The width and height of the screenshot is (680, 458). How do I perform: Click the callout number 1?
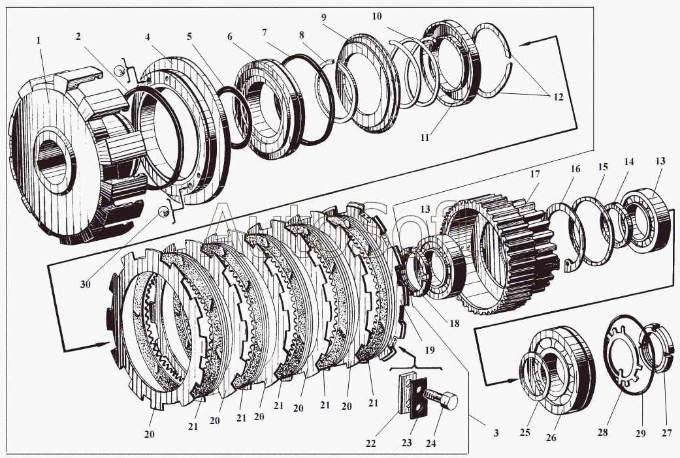(39, 40)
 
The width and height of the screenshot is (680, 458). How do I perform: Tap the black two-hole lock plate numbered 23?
(419, 398)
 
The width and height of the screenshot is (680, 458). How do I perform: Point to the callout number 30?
(86, 284)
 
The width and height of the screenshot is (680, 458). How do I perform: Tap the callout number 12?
(558, 97)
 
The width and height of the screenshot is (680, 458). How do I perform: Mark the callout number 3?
(496, 433)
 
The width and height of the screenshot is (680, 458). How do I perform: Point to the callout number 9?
(323, 18)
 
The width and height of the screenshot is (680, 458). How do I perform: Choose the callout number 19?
(429, 350)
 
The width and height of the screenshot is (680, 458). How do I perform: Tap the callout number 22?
(370, 443)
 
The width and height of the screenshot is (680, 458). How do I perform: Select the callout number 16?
(575, 168)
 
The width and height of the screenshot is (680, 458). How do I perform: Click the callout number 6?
(230, 37)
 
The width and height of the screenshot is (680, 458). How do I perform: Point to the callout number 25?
(525, 433)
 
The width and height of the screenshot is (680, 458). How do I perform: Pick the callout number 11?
(424, 138)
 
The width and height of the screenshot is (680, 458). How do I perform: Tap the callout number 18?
(455, 323)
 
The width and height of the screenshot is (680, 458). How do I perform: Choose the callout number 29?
(640, 433)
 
